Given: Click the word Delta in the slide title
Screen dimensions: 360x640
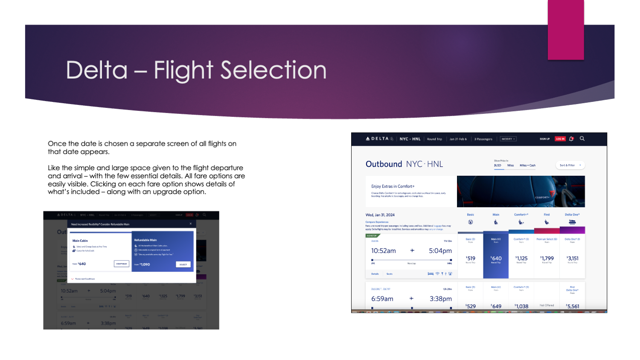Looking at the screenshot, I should [97, 70].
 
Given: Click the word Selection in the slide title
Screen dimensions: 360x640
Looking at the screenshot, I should [273, 70].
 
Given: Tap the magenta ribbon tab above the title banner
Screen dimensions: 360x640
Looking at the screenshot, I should [566, 30].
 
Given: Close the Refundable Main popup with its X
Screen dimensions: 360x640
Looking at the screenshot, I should [191, 224].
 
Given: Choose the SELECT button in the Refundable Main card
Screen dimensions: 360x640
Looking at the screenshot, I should [183, 264].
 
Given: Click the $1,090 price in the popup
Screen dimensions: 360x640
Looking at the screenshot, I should [145, 264].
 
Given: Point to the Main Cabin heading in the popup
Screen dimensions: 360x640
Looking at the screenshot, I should [80, 241].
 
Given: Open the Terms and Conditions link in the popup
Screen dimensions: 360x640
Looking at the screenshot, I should [84, 279].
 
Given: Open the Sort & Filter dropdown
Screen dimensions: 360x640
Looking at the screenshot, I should [570, 165].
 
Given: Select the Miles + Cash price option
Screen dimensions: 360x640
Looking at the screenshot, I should [527, 165].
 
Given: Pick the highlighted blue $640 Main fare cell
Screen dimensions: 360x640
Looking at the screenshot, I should [496, 258].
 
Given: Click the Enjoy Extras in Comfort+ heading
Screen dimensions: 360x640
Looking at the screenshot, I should [393, 186].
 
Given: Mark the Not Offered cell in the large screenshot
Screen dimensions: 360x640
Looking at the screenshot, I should [547, 305].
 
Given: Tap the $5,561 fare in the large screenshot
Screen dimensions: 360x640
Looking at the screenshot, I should [573, 306].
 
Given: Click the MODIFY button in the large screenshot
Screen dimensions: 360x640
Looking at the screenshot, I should [508, 139].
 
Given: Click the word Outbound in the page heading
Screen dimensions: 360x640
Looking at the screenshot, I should [384, 164].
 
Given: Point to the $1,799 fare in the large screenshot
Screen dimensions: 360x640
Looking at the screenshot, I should [547, 258].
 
